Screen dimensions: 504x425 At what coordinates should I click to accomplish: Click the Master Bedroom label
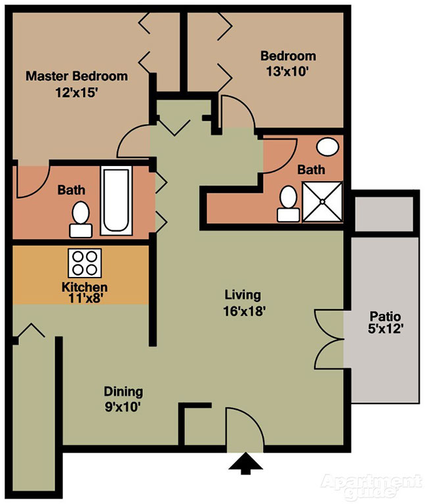(x=76, y=76)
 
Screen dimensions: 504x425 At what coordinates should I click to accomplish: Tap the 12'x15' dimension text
(x=76, y=93)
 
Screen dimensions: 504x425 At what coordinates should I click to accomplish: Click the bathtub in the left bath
(x=116, y=199)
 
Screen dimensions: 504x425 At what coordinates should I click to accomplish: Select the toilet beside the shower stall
(x=288, y=203)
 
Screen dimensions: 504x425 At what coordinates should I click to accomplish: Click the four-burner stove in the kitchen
(x=84, y=263)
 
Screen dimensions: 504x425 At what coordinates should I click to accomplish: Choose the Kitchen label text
(x=84, y=287)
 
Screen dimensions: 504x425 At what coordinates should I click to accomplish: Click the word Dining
(x=123, y=392)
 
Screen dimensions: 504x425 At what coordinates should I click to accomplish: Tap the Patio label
(x=384, y=315)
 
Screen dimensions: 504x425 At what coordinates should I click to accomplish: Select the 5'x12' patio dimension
(x=384, y=330)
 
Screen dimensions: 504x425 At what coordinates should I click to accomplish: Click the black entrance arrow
(x=246, y=464)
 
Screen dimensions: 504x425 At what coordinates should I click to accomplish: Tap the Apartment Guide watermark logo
(x=370, y=484)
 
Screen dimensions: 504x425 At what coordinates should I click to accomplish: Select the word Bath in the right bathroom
(x=311, y=169)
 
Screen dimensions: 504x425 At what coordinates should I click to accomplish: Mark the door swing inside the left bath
(x=31, y=182)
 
